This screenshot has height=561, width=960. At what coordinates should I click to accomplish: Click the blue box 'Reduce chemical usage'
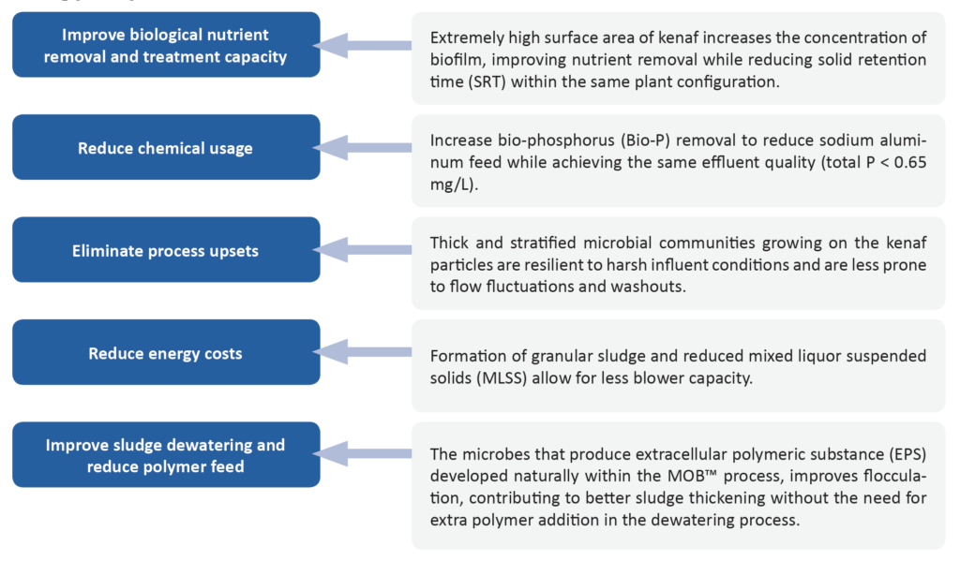(166, 147)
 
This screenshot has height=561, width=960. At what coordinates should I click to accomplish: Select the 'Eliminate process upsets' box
(166, 250)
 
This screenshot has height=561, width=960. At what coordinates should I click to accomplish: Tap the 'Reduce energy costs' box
(166, 352)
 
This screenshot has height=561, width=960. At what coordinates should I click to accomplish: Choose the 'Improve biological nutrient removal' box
(166, 45)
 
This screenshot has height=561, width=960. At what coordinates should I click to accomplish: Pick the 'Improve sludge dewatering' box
(166, 454)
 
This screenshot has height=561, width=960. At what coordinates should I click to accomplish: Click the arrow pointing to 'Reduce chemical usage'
(363, 147)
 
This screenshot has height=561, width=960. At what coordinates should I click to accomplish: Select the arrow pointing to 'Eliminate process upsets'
(363, 250)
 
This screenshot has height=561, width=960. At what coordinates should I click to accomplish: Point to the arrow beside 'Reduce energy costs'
(363, 352)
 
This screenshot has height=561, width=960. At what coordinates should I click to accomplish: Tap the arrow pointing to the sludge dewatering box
(363, 454)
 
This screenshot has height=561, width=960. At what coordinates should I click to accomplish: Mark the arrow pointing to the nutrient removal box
(363, 45)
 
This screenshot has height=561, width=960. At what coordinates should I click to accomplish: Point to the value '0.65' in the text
(908, 163)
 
